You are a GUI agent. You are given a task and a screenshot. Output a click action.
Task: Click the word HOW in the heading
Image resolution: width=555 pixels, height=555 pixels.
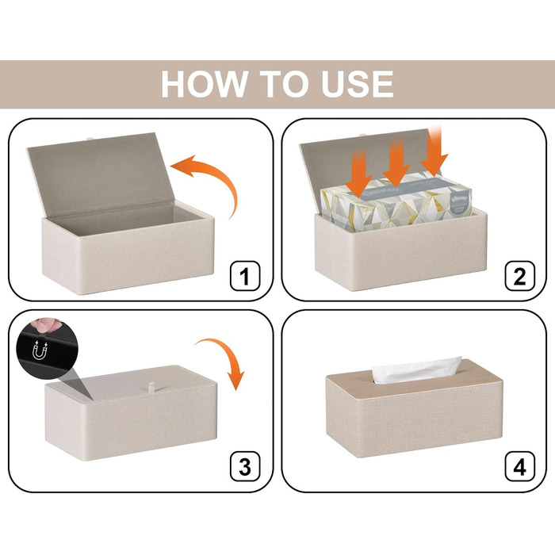[x=204, y=84]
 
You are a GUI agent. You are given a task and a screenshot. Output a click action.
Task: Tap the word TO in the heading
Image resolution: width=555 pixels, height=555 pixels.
[x=284, y=84]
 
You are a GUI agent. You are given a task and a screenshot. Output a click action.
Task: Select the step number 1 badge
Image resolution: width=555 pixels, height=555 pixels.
[x=245, y=276]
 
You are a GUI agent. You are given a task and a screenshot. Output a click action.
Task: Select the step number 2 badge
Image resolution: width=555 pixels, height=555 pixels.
[x=519, y=276]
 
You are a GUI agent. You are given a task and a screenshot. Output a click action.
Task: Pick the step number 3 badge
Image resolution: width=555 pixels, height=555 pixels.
[x=245, y=466]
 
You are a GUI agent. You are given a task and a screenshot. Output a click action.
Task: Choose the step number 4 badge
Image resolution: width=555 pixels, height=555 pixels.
[x=519, y=466]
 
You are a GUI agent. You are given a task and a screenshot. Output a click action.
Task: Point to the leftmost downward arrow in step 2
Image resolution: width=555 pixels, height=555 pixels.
[x=359, y=173]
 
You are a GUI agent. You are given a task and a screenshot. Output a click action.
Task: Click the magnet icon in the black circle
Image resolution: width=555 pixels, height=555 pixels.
[x=40, y=350]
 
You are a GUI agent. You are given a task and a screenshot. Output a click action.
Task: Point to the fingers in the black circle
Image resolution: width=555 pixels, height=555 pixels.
[x=45, y=325]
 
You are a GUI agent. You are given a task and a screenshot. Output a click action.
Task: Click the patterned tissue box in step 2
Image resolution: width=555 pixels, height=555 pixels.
[x=396, y=201]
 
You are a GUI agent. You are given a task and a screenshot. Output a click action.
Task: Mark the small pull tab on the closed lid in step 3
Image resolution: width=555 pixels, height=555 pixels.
[x=151, y=387]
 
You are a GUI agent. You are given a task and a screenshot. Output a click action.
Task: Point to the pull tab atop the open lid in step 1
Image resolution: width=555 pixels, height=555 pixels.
[x=90, y=137]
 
